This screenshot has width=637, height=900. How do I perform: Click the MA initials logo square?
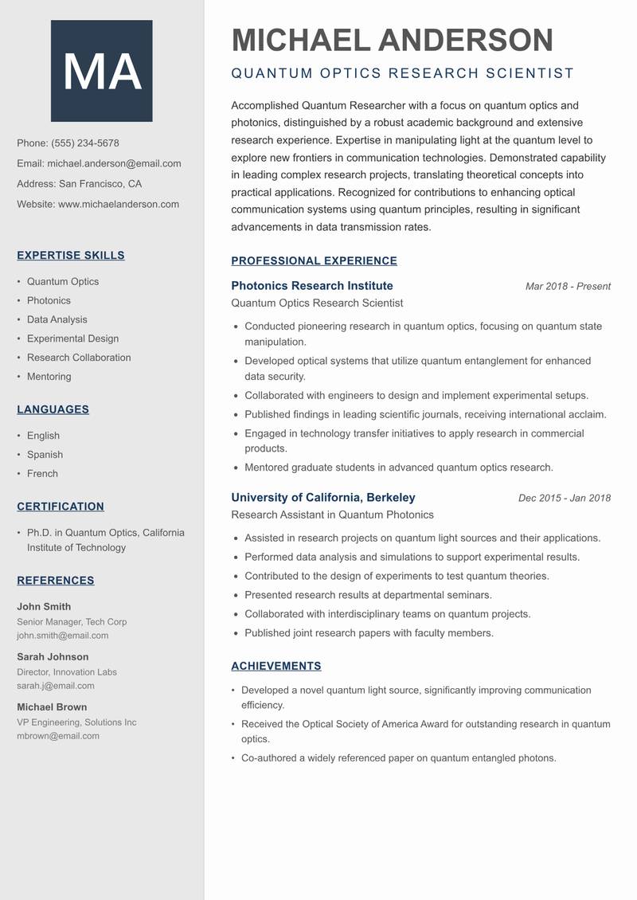[101, 71]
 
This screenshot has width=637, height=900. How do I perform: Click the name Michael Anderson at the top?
[392, 40]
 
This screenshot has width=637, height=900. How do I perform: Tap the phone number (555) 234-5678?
[85, 143]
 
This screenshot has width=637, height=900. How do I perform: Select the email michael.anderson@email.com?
[114, 163]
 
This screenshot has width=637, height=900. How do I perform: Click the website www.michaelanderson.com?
[119, 204]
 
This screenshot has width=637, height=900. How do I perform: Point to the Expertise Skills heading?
[71, 256]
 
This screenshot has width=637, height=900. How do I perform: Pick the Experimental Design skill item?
[72, 338]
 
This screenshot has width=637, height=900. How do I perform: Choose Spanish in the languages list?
[45, 455]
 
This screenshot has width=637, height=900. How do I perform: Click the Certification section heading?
[61, 507]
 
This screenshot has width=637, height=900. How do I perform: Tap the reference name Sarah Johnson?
[53, 657]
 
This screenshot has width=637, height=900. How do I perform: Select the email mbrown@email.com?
[58, 736]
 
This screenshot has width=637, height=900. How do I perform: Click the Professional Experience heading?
[314, 260]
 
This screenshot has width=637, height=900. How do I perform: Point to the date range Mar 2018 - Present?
[568, 287]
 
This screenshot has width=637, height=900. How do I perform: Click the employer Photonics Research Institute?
[312, 286]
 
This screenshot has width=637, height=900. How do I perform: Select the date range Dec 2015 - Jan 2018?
[564, 499]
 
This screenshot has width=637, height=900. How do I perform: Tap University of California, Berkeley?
[323, 498]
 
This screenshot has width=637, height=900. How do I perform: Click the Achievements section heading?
[276, 666]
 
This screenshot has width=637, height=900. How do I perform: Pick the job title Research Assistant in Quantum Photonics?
[332, 515]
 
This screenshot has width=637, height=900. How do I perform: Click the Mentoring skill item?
[49, 377]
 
